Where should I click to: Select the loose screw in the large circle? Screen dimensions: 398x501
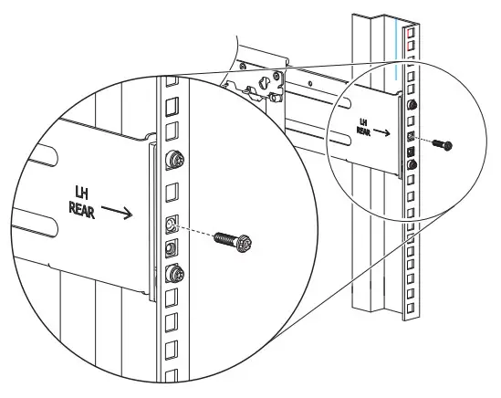(x=234, y=243)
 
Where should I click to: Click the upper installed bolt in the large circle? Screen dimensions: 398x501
(x=171, y=161)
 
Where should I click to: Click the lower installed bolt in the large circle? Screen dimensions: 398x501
(x=172, y=272)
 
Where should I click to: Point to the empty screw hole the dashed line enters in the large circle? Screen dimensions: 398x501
(x=171, y=223)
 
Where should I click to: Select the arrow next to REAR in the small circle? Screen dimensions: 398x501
(x=384, y=131)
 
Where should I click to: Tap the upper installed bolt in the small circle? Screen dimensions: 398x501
(x=412, y=107)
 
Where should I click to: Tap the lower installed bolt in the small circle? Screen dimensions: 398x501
(x=412, y=163)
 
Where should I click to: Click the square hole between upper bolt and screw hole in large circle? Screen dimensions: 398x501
(x=171, y=194)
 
